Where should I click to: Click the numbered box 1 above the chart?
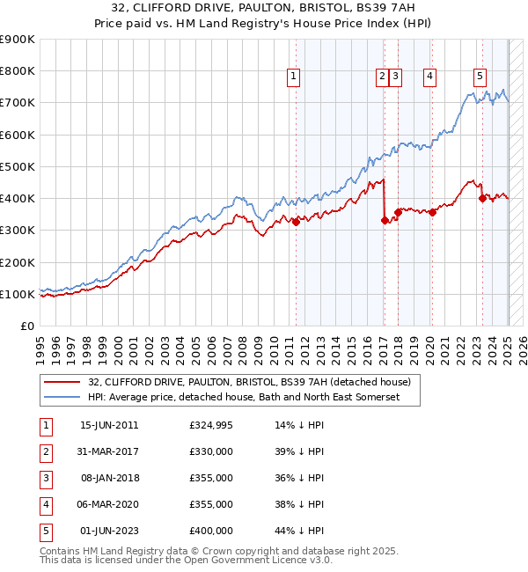(x=292, y=77)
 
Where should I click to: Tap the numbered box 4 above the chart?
(x=429, y=77)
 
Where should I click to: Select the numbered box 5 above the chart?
(x=480, y=77)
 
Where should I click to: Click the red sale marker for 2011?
(x=296, y=222)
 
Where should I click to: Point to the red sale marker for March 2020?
(x=432, y=212)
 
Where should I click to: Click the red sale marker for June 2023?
(x=482, y=198)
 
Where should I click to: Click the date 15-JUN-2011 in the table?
(x=109, y=425)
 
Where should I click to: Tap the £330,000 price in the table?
(x=211, y=451)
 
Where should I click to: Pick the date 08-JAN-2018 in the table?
(x=109, y=478)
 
